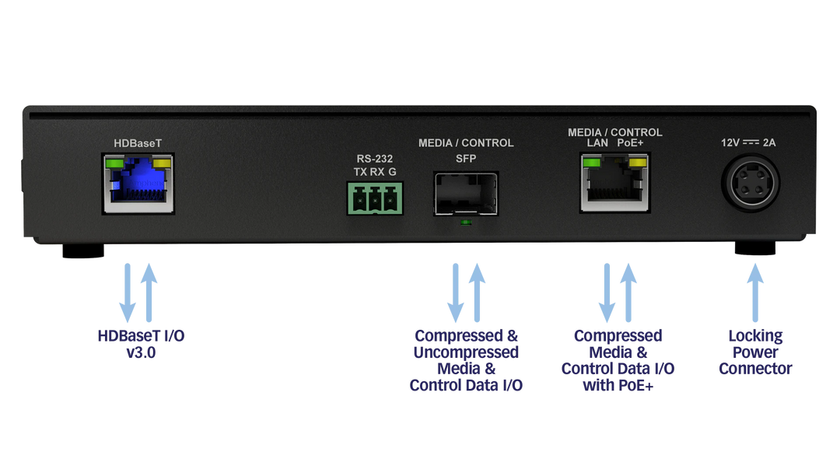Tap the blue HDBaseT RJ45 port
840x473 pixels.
tap(138, 185)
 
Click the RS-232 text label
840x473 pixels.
tap(374, 159)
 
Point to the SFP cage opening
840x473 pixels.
tap(465, 194)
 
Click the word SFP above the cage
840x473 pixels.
tap(465, 159)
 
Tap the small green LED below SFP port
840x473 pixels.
tap(465, 223)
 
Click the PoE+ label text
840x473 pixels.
tap(631, 143)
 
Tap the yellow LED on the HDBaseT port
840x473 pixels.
tap(163, 163)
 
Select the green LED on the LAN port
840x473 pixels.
tap(591, 163)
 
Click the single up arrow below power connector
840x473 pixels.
tap(754, 292)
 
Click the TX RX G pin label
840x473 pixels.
tap(374, 171)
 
